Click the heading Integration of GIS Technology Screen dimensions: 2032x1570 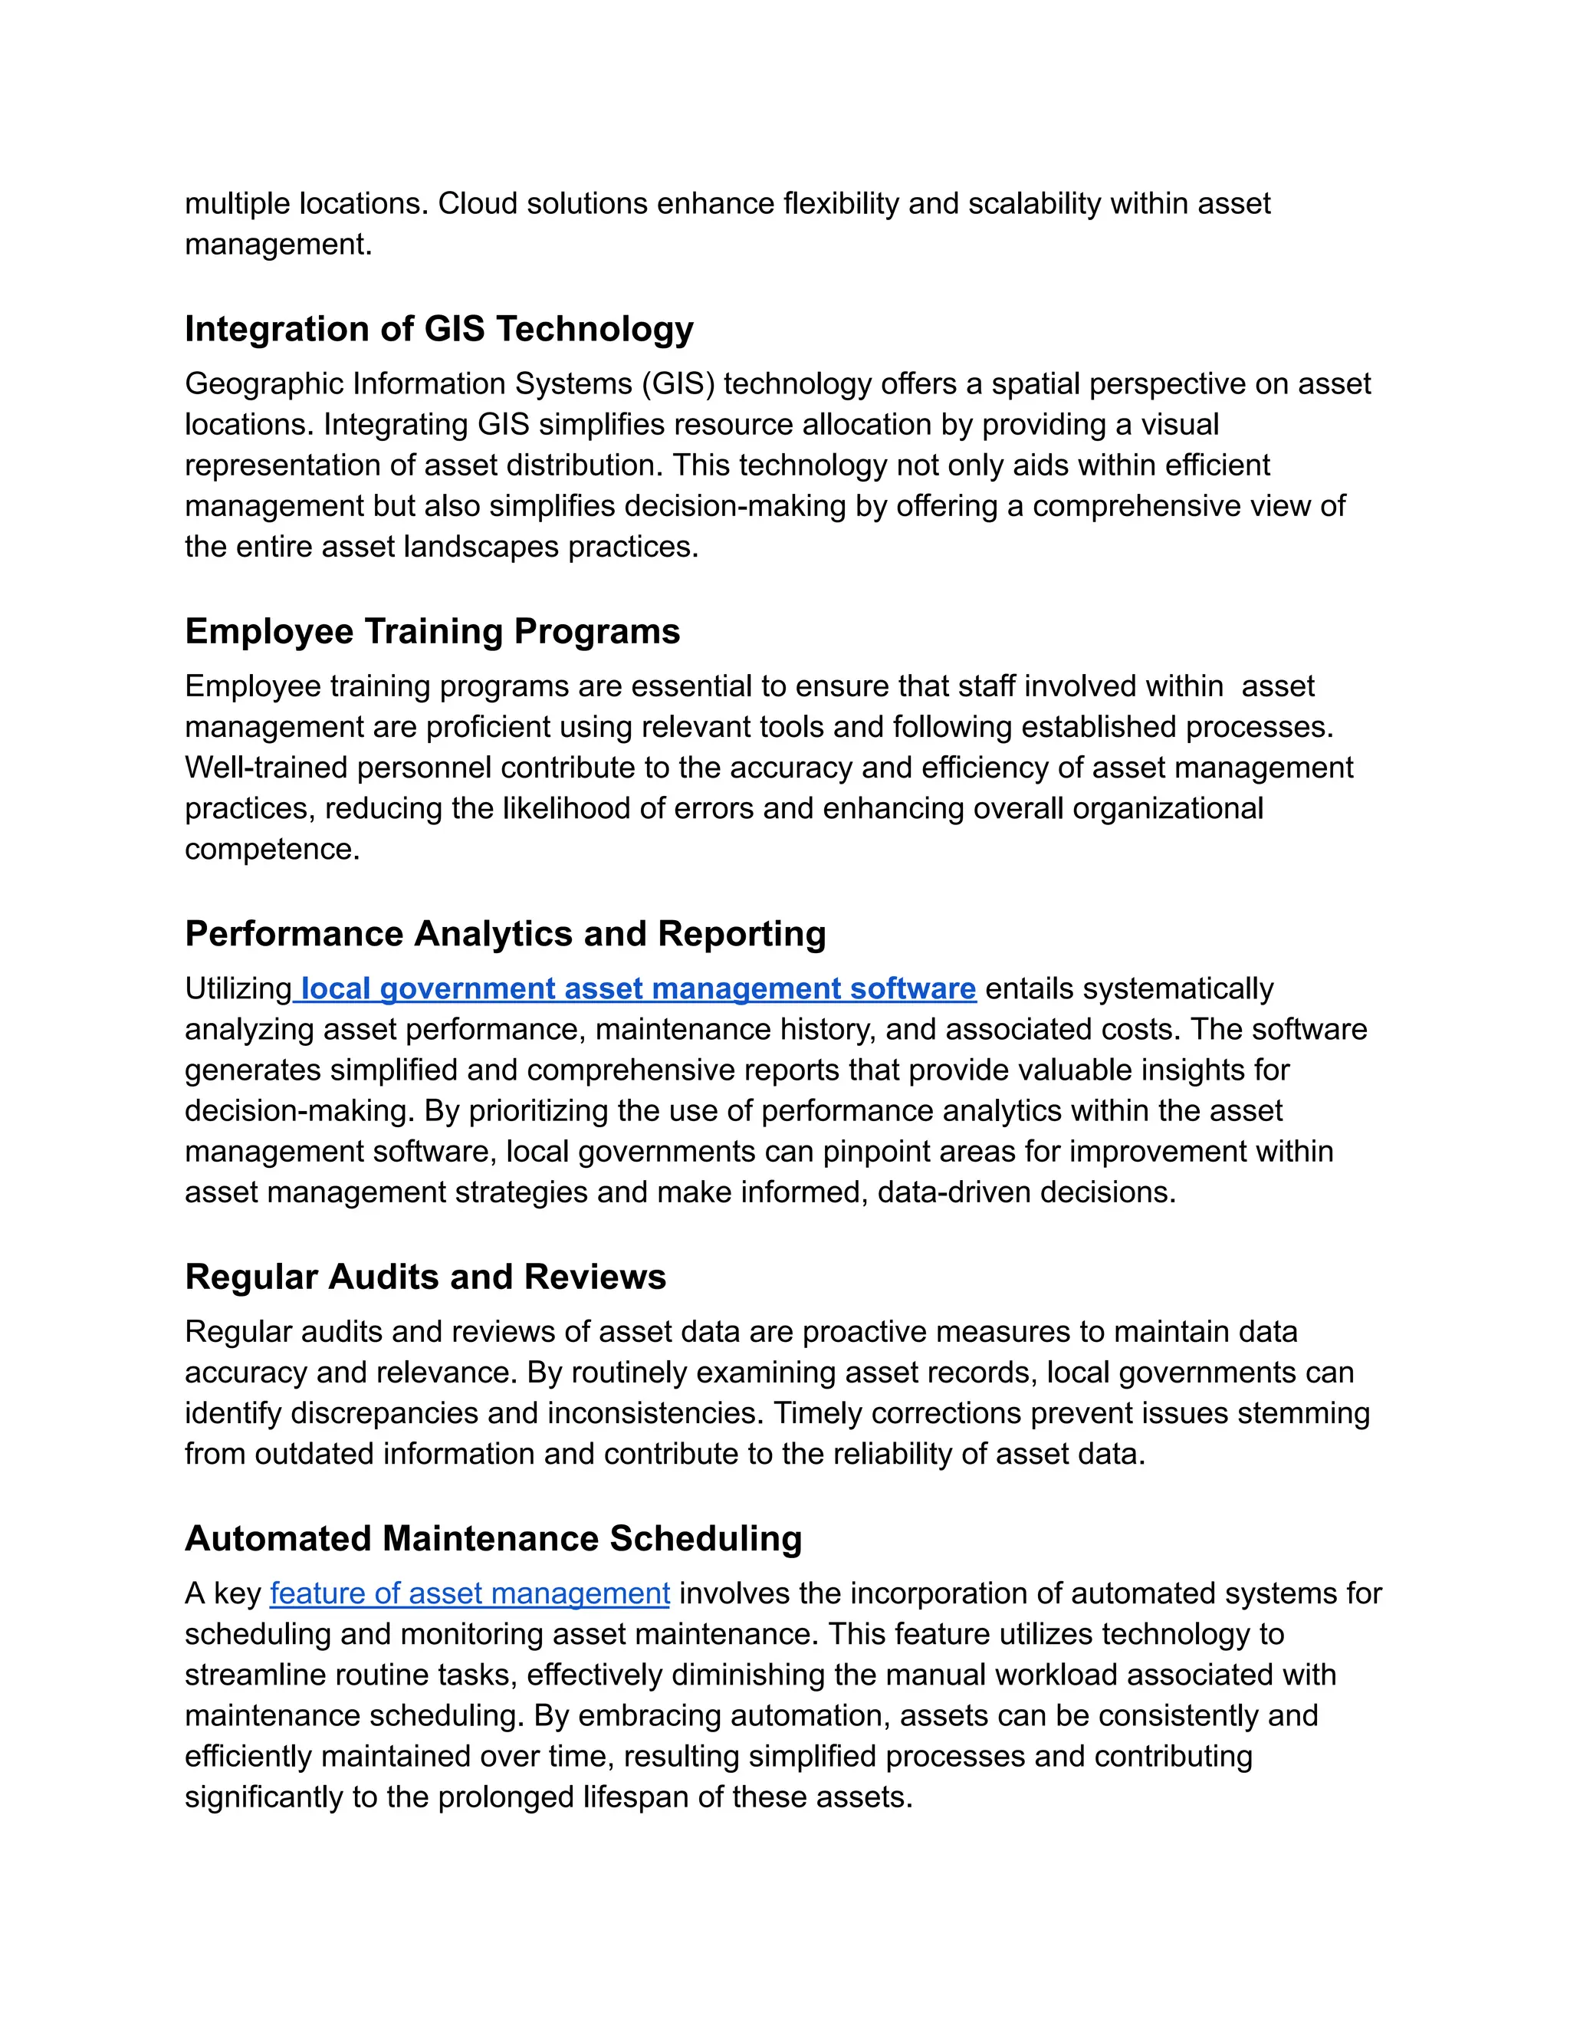tap(439, 330)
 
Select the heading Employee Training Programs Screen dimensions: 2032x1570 tap(432, 632)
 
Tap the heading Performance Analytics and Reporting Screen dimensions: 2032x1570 tap(505, 934)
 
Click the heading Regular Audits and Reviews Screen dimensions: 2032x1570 tap(425, 1277)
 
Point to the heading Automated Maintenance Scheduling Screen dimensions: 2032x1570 tap(493, 1539)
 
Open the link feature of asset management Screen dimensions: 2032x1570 tap(470, 1594)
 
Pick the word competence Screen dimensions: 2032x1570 tap(271, 850)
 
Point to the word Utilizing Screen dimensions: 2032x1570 tap(238, 989)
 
